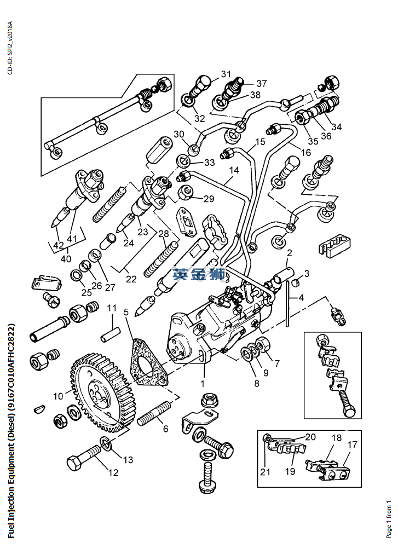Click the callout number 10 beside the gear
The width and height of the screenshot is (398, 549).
(58, 395)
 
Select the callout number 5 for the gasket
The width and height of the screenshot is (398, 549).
(126, 312)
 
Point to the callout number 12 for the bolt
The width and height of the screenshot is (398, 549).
(113, 472)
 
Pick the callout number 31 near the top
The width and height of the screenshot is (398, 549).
(226, 74)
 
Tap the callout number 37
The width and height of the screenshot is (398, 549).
(261, 84)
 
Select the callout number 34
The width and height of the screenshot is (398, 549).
(336, 127)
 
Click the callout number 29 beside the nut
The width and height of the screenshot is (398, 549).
(209, 199)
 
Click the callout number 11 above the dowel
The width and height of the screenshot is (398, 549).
(112, 308)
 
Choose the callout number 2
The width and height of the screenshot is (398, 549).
(289, 253)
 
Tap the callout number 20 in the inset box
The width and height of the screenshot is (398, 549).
(310, 437)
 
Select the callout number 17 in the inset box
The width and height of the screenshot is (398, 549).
(352, 445)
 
